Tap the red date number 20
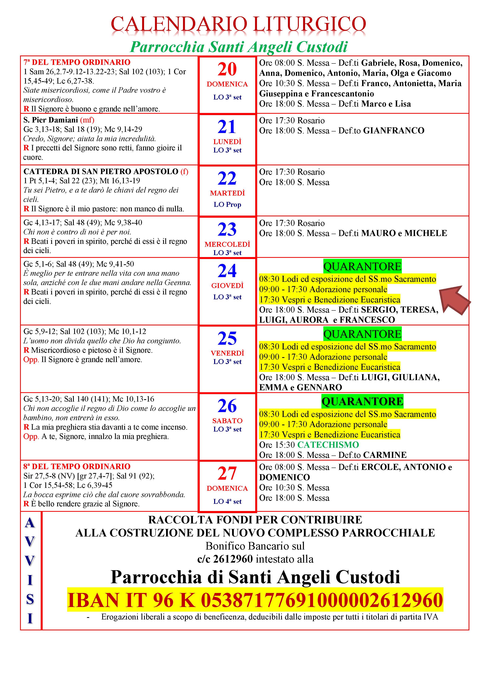pos(227,69)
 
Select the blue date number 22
pos(227,179)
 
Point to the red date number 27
pos(227,474)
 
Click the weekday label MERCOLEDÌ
pos(227,244)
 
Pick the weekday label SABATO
pos(227,421)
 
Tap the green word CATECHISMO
pos(328,445)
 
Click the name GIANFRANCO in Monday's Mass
pos(394,131)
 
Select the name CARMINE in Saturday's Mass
pos(385,455)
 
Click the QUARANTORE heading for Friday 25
pos(362,334)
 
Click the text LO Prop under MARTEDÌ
pos(227,204)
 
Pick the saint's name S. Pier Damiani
pos(51,120)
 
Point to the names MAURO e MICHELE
pos(404,233)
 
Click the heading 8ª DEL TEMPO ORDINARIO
pos(77,466)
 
